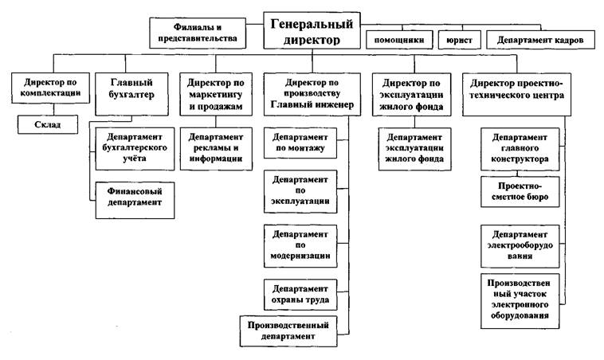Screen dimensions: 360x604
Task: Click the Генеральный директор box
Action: (x=312, y=30)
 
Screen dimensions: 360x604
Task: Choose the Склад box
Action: (x=48, y=124)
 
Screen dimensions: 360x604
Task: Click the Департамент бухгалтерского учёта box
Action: (x=133, y=147)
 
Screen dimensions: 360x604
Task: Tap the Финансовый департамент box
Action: (x=133, y=196)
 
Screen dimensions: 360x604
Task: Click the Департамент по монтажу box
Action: (x=299, y=143)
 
